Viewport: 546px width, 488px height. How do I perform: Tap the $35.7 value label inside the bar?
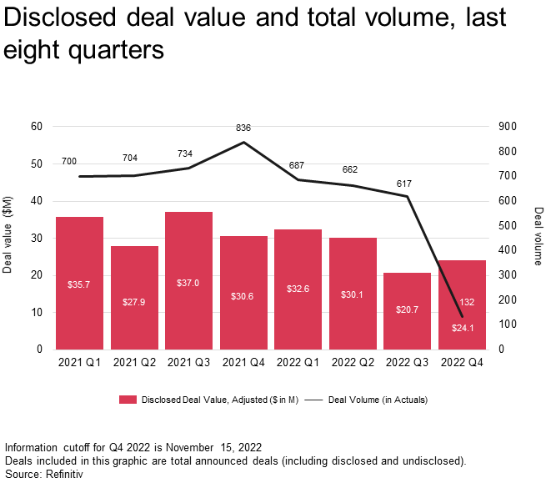point(79,284)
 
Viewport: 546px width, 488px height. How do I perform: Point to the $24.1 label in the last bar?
point(462,328)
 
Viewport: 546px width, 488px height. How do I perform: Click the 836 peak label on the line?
point(243,128)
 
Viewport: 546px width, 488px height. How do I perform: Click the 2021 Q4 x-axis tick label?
point(243,363)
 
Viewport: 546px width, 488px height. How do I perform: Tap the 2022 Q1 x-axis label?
point(298,363)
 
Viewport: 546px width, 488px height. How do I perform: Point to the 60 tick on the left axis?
point(37,127)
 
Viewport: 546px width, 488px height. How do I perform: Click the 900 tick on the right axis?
point(508,127)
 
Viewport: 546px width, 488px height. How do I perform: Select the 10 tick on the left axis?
point(37,313)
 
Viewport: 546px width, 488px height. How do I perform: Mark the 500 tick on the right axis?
point(508,226)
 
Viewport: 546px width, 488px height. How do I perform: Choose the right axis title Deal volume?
point(538,236)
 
